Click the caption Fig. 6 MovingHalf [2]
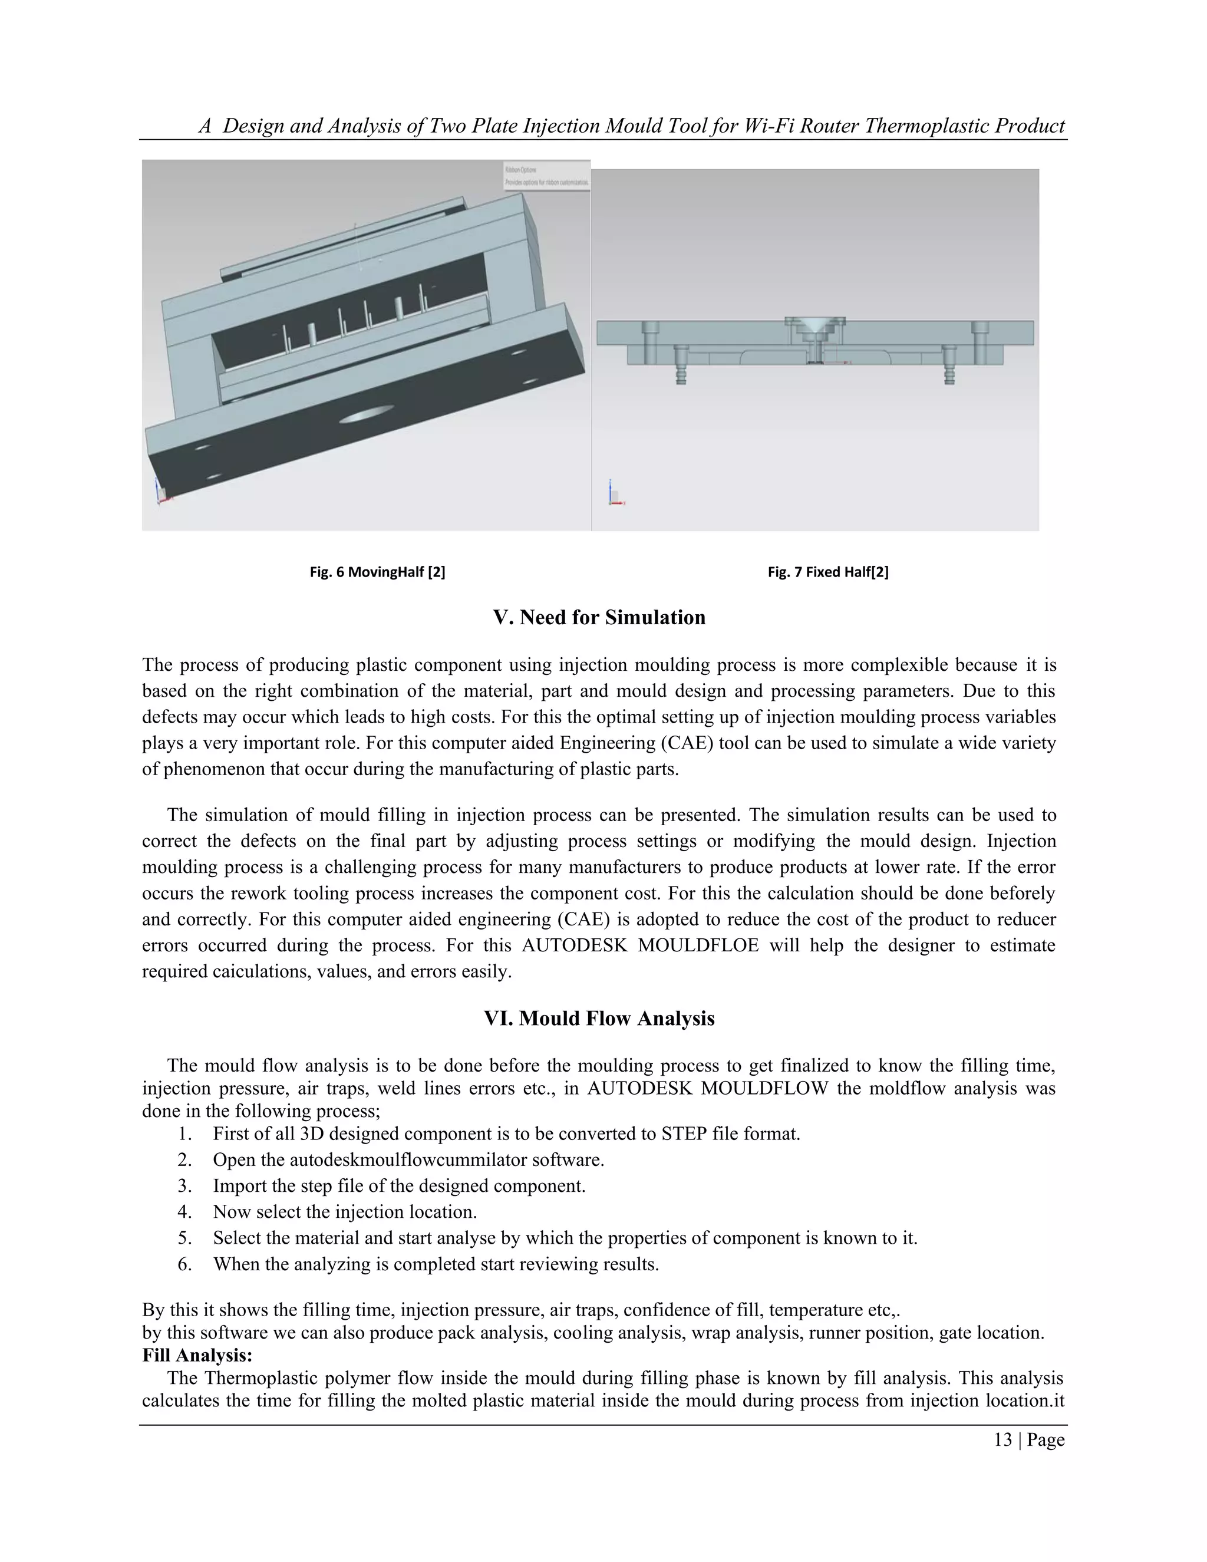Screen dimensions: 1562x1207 point(377,572)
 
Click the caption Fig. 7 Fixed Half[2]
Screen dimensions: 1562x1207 point(827,572)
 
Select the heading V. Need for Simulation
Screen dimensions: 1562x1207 point(599,617)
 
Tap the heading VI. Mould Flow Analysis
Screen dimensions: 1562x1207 point(599,1019)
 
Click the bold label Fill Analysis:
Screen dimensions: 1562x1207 point(197,1355)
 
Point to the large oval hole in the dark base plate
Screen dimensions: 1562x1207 point(366,416)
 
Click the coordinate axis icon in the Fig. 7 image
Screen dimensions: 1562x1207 point(614,494)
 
